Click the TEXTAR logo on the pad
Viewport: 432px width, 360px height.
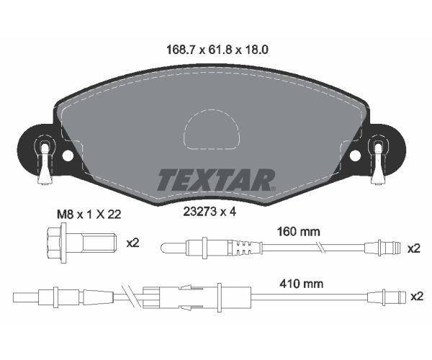coord(216,180)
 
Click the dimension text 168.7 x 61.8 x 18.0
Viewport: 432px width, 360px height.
coord(217,50)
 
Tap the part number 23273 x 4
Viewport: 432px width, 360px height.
coord(210,212)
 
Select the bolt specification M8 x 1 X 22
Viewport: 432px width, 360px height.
coord(89,215)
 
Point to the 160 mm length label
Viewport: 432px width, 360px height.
coord(298,232)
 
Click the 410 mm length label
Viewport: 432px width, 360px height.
coord(302,284)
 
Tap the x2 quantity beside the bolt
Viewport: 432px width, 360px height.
coord(132,243)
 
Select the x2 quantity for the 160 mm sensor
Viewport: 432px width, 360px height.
coord(414,248)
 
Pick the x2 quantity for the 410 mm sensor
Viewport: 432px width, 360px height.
coord(417,297)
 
